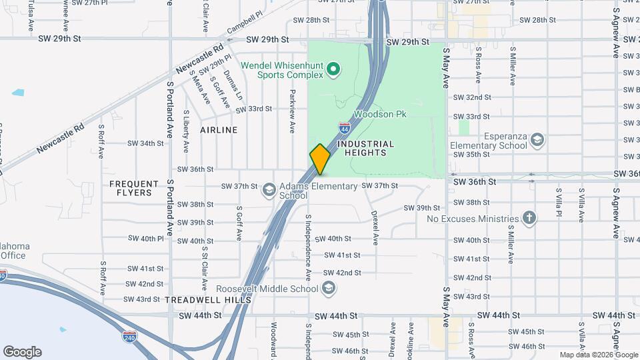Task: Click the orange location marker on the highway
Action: [x=320, y=159]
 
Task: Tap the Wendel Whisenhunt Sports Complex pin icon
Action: [x=335, y=69]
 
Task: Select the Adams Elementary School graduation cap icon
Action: [x=269, y=191]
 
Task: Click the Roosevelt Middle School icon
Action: [x=328, y=288]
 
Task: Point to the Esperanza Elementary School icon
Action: [x=538, y=140]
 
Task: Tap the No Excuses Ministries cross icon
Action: [x=529, y=218]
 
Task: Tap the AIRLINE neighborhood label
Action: [x=219, y=130]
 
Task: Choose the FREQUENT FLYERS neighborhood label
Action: [x=134, y=188]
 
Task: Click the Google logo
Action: [x=22, y=352]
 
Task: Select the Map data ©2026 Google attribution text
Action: [x=598, y=355]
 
